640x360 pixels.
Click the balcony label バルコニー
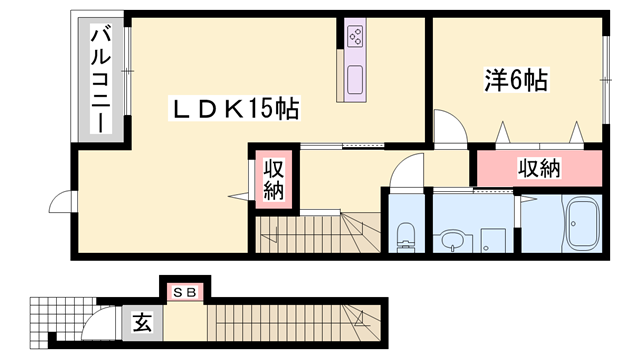100,79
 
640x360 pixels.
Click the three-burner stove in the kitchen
356,38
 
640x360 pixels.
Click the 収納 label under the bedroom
539,168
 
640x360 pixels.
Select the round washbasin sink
449,240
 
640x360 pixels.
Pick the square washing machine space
491,240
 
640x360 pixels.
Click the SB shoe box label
184,291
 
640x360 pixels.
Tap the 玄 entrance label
143,323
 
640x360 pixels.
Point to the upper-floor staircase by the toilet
315,235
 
